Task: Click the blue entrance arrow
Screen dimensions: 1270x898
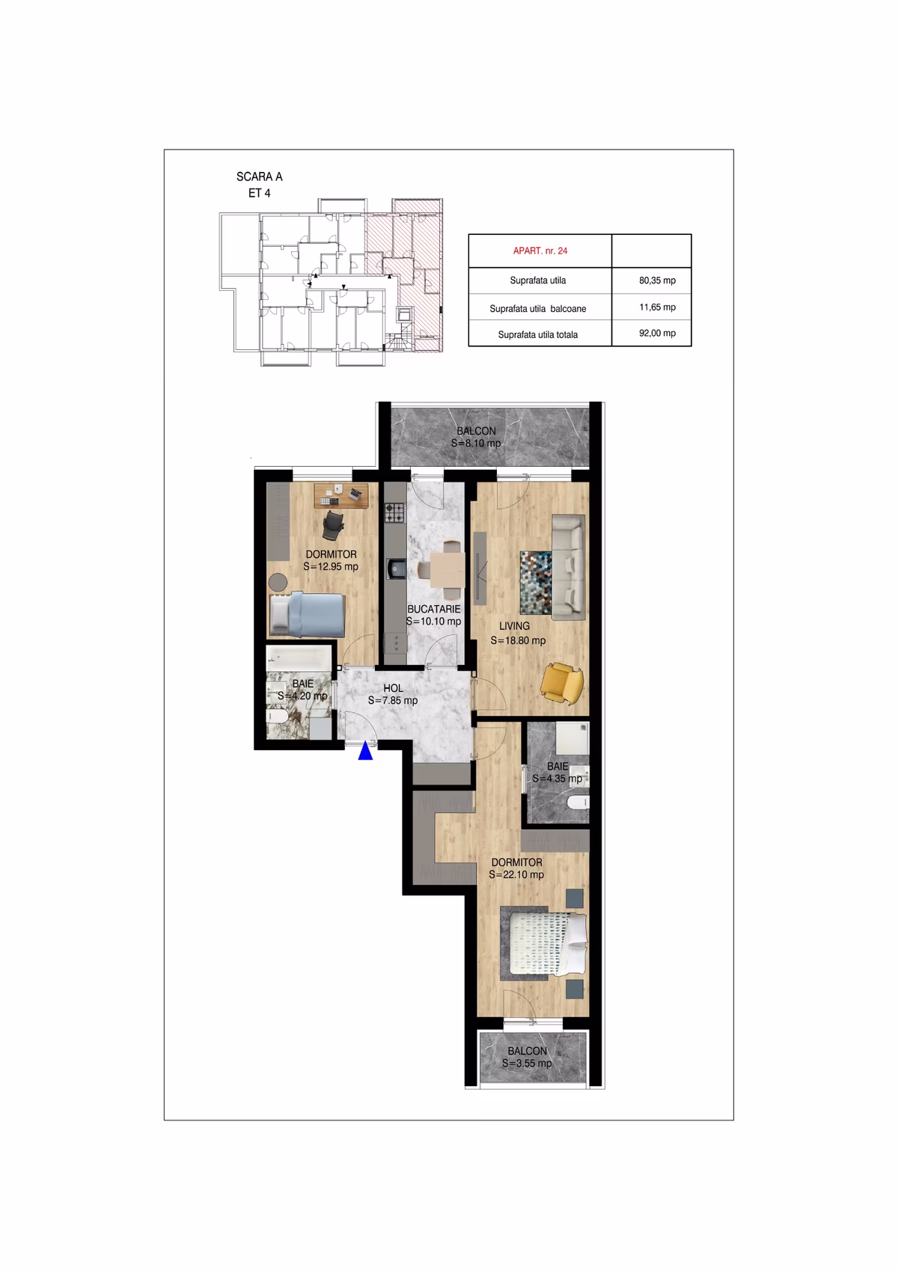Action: point(365,751)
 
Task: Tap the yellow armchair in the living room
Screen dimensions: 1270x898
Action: point(562,681)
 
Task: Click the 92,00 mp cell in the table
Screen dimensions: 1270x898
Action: point(657,334)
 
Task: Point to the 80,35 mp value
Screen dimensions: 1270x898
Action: point(657,280)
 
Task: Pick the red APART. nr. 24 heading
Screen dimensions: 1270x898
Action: point(540,251)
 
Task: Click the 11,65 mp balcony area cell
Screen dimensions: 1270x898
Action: point(657,307)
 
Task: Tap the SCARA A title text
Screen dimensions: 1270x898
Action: point(259,177)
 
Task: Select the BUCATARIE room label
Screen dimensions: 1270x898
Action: point(433,609)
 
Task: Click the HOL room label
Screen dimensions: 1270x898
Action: point(393,688)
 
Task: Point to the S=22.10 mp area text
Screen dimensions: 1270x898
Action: point(516,874)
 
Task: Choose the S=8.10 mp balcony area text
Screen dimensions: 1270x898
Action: point(476,443)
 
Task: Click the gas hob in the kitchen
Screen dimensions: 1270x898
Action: point(394,513)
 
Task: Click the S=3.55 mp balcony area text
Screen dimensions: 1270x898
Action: point(527,1063)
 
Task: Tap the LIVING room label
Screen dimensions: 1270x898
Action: point(514,626)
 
